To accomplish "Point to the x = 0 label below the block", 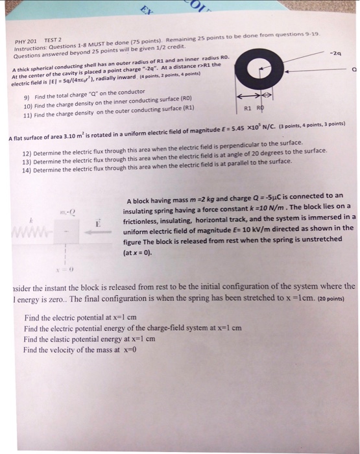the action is click(x=62, y=269).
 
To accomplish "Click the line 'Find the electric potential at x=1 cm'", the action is click(x=80, y=318).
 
